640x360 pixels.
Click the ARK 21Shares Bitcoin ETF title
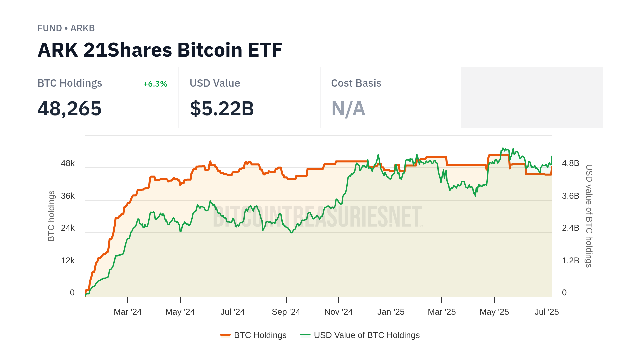(160, 50)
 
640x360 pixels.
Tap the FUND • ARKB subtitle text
(66, 28)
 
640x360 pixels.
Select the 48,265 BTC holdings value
(69, 109)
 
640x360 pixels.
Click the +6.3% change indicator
(155, 84)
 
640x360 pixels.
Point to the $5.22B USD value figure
(222, 109)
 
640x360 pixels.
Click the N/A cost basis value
(348, 109)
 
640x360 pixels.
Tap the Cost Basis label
(356, 83)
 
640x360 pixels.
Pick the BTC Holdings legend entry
(253, 335)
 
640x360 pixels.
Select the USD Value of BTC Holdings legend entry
(360, 335)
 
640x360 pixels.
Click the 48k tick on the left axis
(68, 163)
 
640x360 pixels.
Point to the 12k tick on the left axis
(68, 261)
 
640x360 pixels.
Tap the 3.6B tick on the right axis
(570, 196)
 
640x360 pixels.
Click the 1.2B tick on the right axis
(570, 261)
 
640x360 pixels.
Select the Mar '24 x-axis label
(128, 312)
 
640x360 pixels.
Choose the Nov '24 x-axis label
(338, 312)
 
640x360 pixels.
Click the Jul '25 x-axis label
(547, 312)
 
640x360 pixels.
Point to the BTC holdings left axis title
(51, 216)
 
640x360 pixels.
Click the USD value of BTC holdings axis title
(589, 216)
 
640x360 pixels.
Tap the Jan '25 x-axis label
(391, 312)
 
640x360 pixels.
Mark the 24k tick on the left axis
(68, 228)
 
